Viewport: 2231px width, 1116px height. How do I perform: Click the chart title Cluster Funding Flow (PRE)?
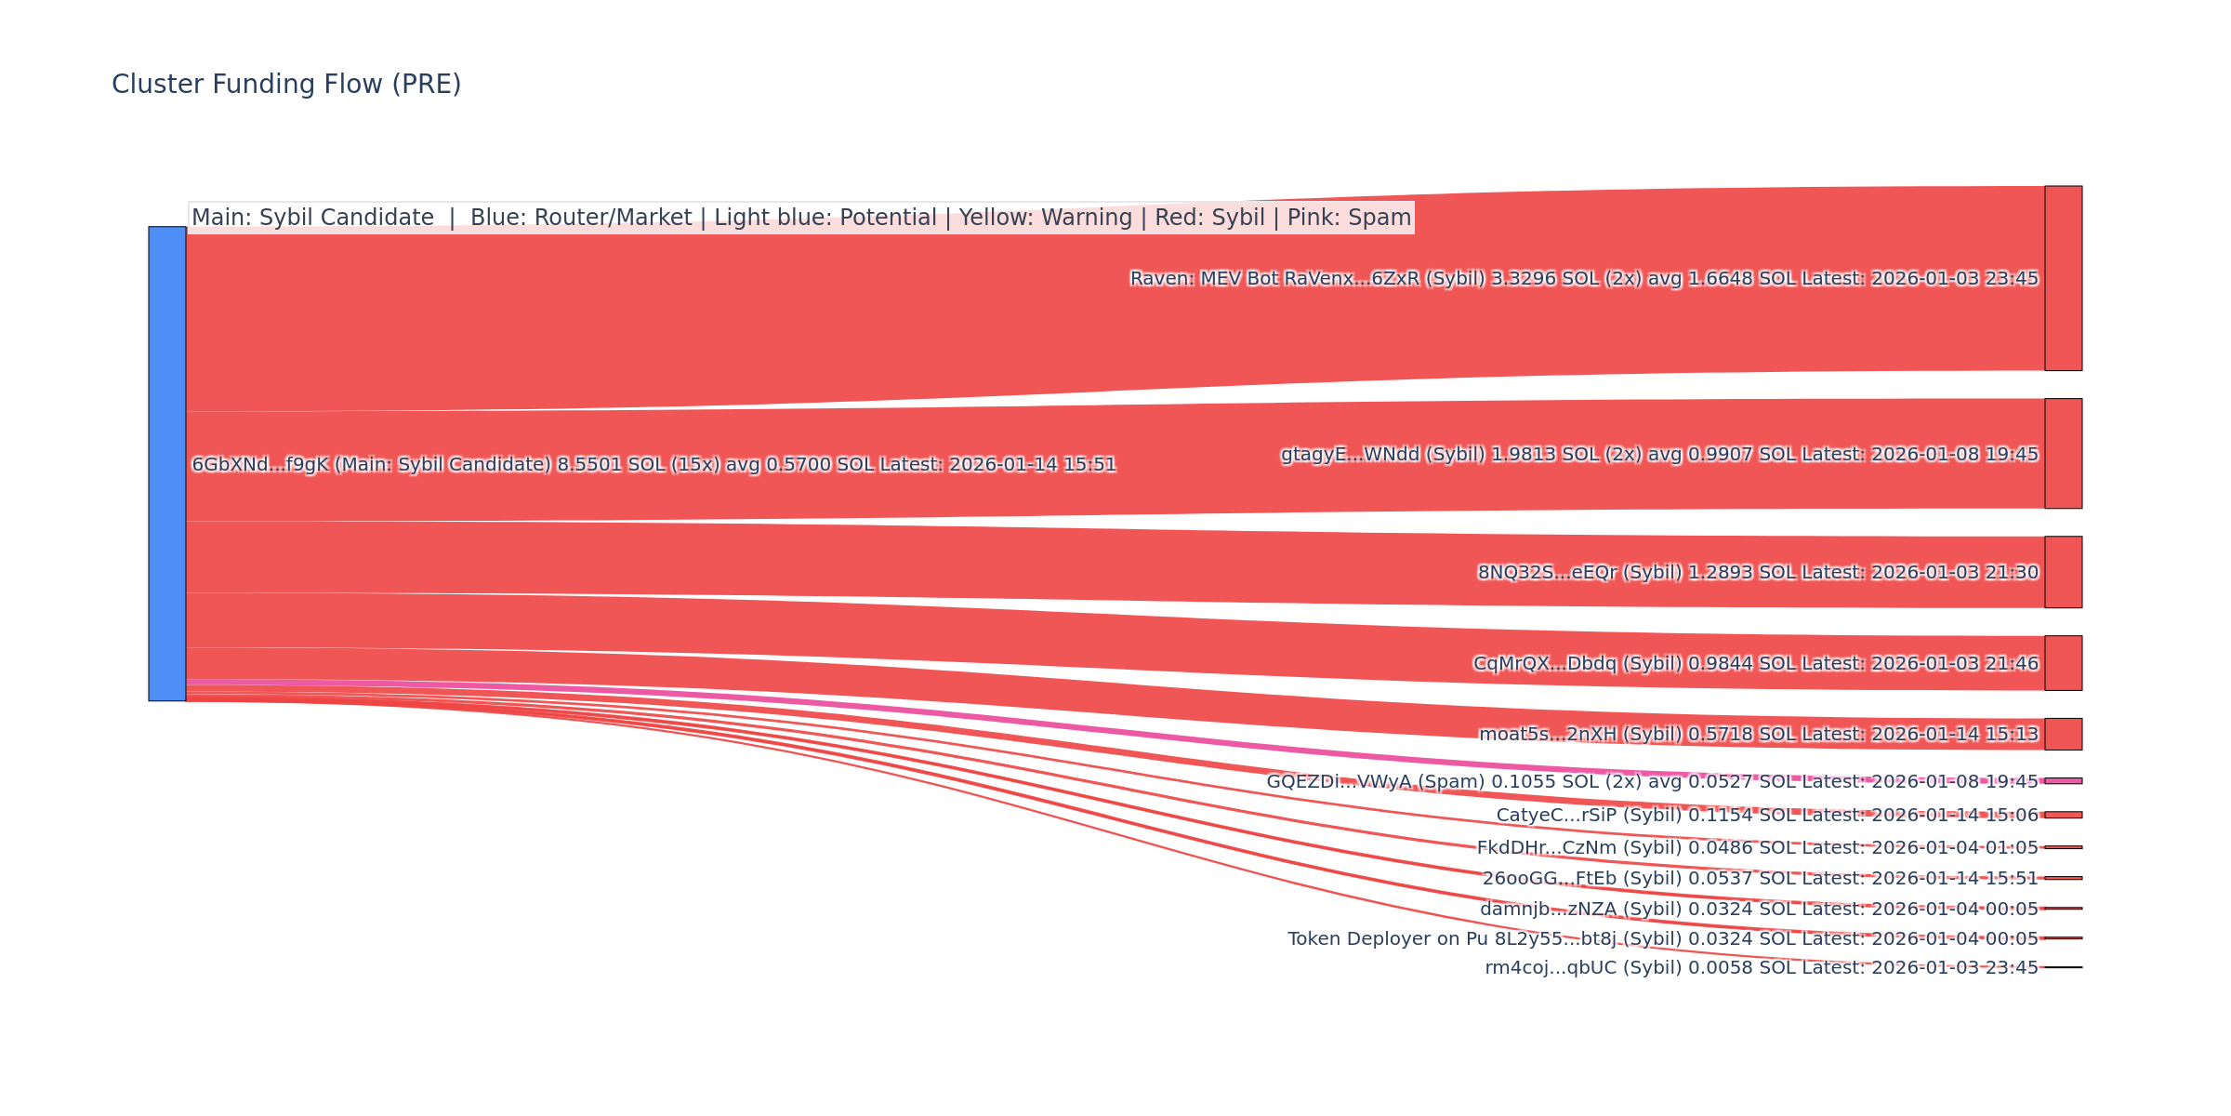[x=286, y=85]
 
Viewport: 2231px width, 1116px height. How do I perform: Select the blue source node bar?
[x=167, y=463]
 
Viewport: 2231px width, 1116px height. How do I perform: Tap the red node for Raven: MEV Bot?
[x=2063, y=278]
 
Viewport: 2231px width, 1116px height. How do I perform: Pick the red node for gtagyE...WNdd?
[x=2063, y=454]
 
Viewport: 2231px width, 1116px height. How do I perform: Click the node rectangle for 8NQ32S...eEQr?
[x=2063, y=572]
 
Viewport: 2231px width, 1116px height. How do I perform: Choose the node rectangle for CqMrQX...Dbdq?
[x=2063, y=663]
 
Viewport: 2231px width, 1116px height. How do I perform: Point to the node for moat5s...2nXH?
[x=2063, y=734]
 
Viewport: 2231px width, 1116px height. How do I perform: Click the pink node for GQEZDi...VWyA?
[x=2063, y=781]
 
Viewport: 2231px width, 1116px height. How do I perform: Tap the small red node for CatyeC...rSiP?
[x=2063, y=815]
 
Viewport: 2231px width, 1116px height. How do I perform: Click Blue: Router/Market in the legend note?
[x=581, y=218]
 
